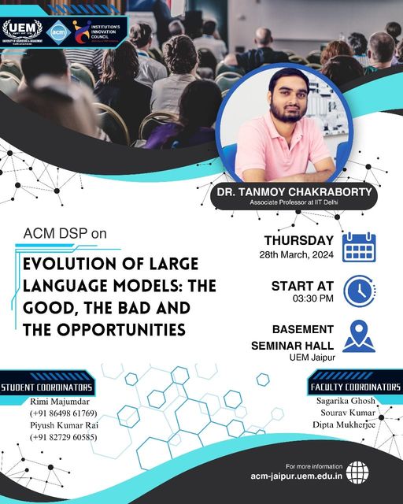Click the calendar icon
pos(359,247)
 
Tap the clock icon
pos(359,290)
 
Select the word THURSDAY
pos(298,240)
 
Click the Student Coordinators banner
pos(47,387)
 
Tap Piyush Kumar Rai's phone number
pos(63,437)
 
